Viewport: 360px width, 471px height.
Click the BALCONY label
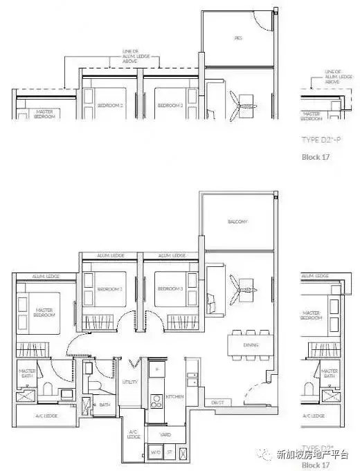(237, 222)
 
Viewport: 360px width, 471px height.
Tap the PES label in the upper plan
(238, 39)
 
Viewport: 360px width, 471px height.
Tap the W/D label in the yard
(154, 454)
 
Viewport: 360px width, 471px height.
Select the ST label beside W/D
(170, 454)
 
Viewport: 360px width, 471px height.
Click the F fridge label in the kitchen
(157, 370)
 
